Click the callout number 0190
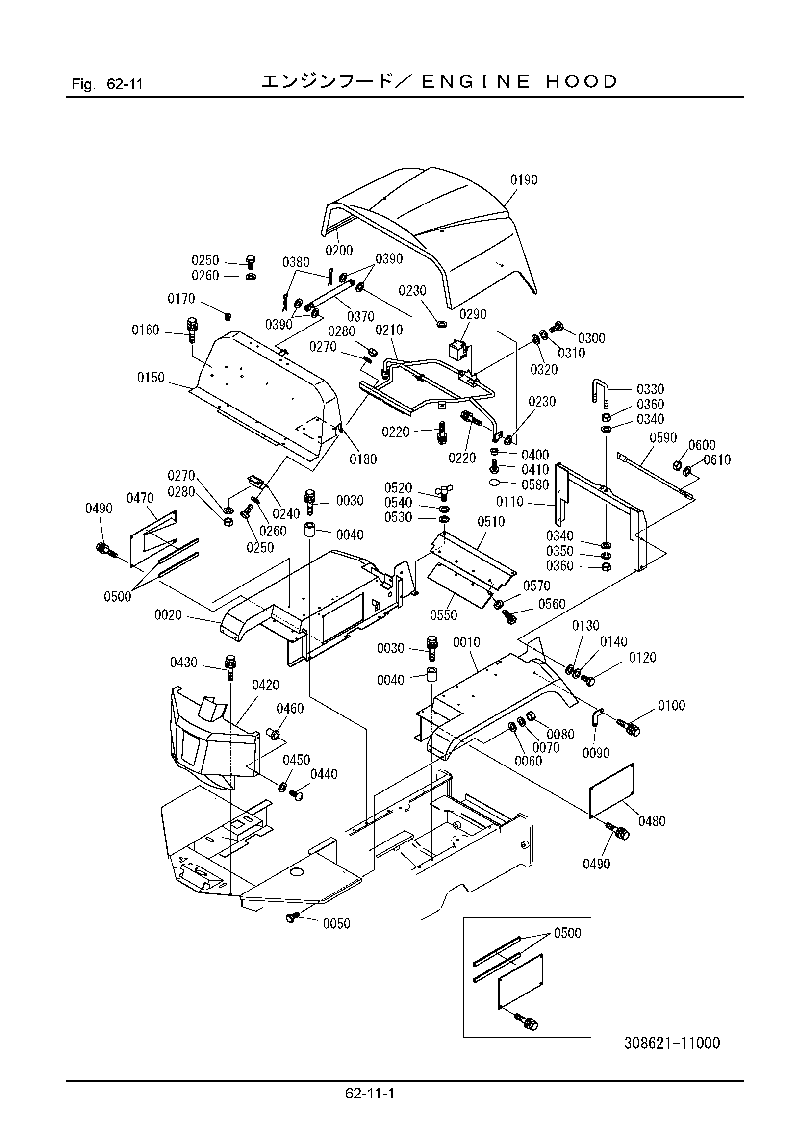coord(523,180)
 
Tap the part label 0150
coord(151,378)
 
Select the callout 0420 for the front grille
coord(265,685)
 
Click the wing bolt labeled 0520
coord(444,492)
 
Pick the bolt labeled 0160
coord(192,329)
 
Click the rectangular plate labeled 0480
coord(612,791)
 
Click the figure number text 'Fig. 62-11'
coord(107,84)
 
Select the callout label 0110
coord(509,502)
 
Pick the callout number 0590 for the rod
coord(663,438)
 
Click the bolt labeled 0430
coord(231,667)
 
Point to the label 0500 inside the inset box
coord(568,933)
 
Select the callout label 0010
coord(466,642)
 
